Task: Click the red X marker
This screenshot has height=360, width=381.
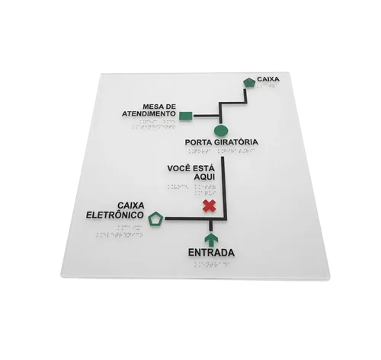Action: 210,205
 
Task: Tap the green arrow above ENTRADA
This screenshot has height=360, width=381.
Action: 211,240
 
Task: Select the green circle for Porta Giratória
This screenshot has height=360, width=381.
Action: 221,131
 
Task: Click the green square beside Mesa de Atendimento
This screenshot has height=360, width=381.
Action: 186,116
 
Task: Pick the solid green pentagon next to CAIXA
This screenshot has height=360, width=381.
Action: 249,82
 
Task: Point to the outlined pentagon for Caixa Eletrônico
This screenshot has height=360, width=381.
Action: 155,219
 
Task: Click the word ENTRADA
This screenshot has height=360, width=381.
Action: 211,253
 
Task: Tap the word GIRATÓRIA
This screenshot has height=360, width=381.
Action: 236,142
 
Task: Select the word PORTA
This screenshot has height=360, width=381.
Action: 198,142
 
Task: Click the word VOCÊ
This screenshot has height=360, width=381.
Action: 178,168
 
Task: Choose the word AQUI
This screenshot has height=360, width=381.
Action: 204,177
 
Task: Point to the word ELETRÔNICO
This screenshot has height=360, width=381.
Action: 115,215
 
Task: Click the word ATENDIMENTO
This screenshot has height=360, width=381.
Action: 149,113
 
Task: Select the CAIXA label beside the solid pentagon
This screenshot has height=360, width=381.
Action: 268,79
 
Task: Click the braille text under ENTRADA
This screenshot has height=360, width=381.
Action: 212,264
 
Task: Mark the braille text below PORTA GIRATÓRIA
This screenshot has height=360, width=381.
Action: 222,151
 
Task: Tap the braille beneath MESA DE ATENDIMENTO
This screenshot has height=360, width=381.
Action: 154,124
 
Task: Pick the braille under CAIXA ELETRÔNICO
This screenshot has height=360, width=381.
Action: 119,231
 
